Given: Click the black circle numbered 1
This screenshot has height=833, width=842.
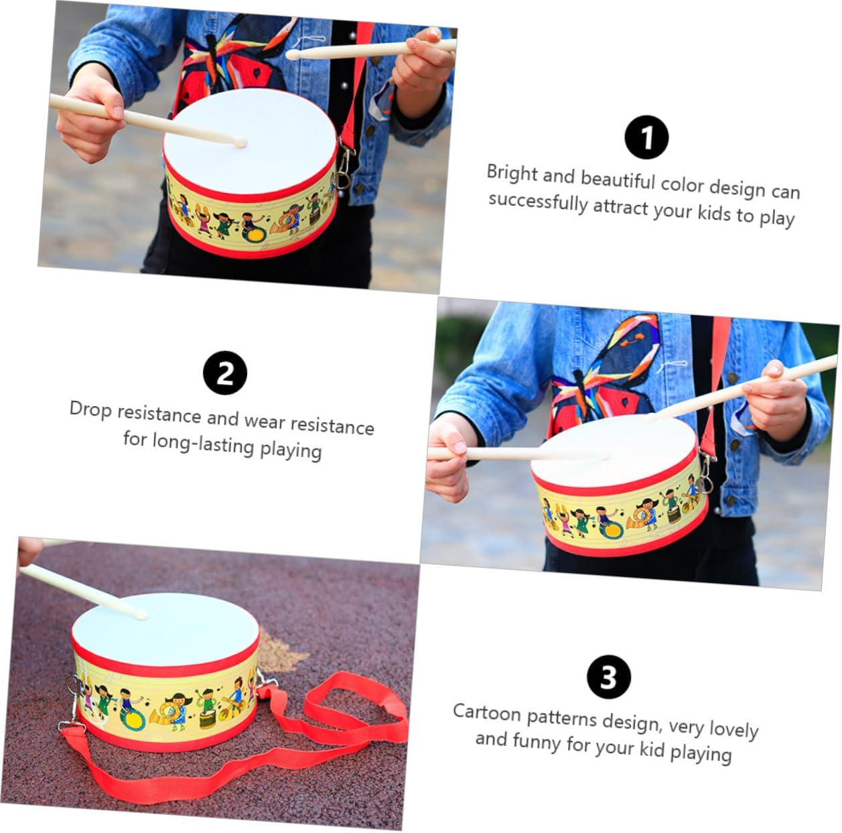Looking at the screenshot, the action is tap(646, 137).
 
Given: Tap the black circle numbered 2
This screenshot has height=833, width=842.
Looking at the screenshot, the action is tap(225, 373).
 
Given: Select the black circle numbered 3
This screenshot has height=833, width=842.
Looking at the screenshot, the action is tap(609, 676).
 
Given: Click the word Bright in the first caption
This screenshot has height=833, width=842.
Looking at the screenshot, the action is tap(512, 174).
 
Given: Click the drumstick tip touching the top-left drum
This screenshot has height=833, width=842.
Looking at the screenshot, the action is tap(239, 142).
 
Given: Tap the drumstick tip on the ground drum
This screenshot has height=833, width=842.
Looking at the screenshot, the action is tap(141, 614).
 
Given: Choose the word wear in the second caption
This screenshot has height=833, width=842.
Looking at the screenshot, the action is tap(265, 422).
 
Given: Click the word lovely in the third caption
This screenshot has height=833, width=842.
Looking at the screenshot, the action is tap(733, 728).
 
